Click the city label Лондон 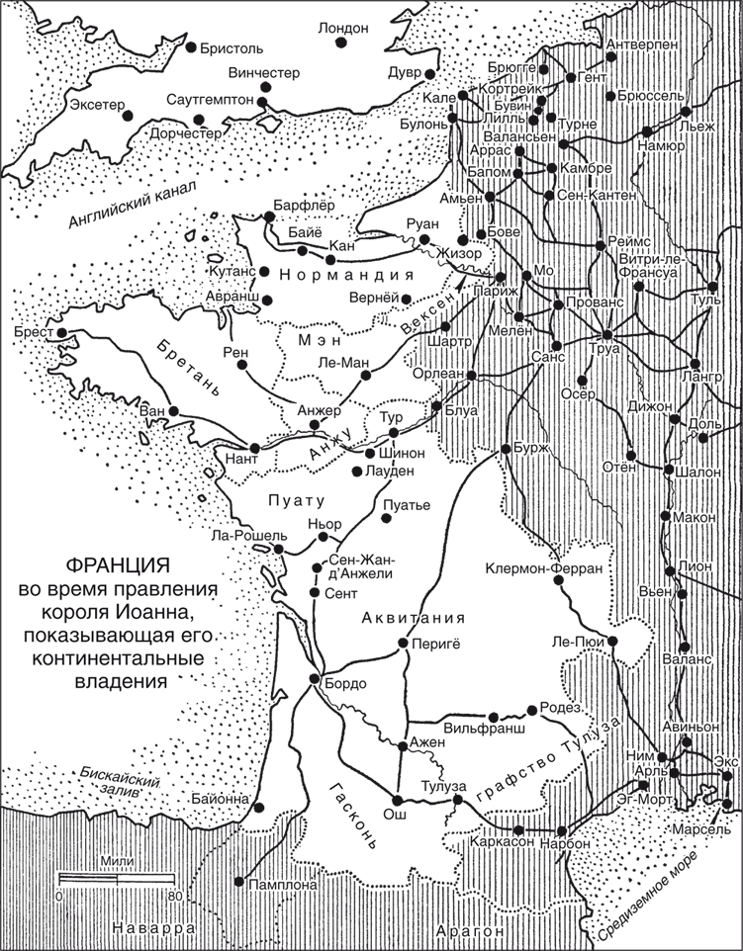343,29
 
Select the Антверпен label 641,44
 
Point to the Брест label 35,332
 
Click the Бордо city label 345,683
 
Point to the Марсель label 700,828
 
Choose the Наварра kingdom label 152,928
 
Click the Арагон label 470,931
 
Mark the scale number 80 176,897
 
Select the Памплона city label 283,885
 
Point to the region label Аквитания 414,618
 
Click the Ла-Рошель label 249,536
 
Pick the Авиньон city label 690,727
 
